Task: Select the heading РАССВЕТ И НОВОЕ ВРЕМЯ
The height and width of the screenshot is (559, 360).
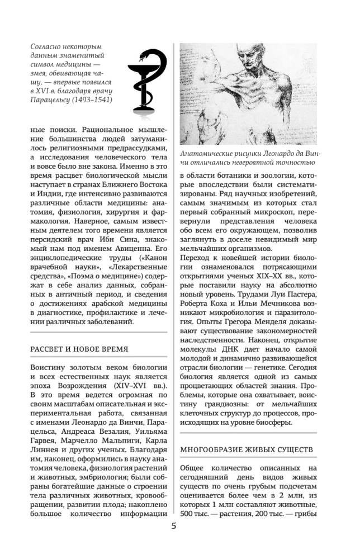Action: click(x=79, y=349)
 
